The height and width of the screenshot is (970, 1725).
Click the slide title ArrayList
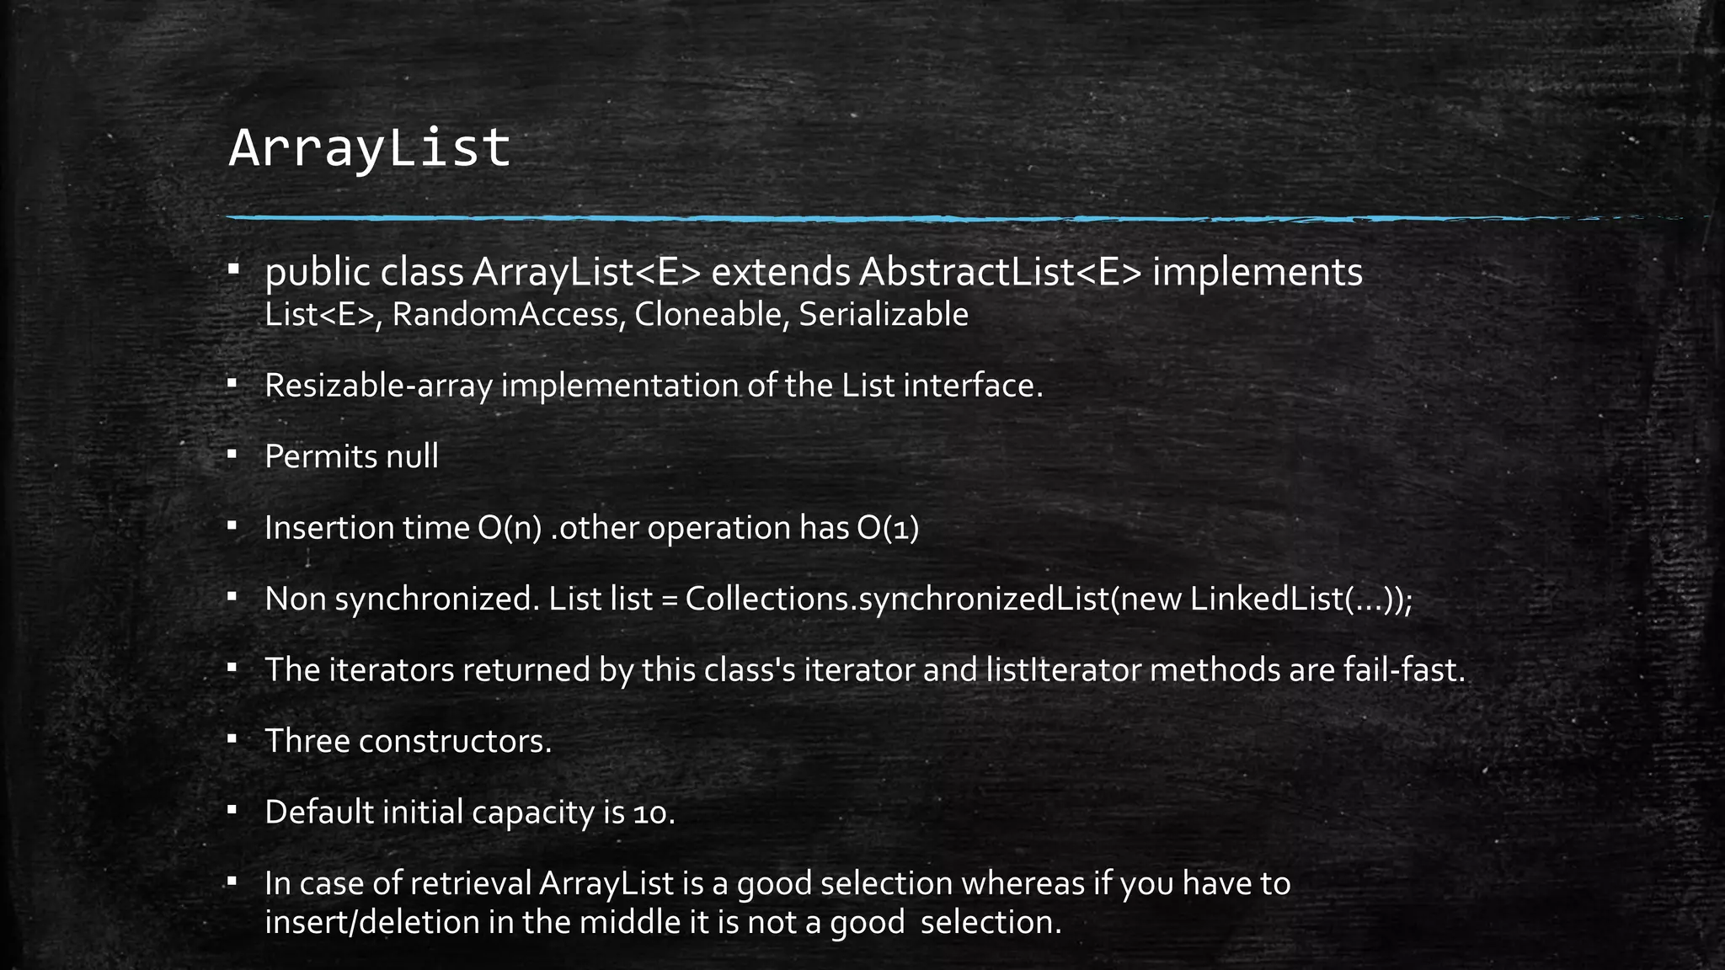coord(369,149)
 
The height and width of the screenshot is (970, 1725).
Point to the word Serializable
coord(883,315)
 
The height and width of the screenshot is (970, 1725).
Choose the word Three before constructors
coord(307,741)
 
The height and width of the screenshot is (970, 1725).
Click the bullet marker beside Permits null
coord(232,455)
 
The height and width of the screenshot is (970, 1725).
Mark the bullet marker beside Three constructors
coord(232,739)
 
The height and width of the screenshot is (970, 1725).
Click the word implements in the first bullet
coord(1257,272)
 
